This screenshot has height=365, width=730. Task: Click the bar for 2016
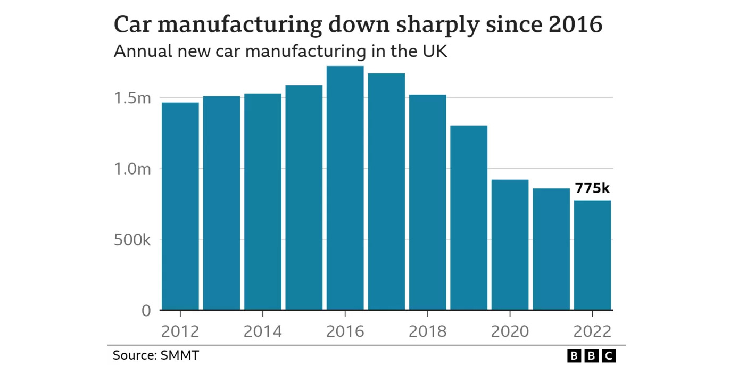pos(345,188)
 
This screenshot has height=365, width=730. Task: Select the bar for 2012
pos(180,206)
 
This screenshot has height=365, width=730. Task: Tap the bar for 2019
pos(469,218)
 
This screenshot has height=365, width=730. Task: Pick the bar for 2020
pos(510,244)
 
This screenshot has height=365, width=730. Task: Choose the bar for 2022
pos(593,255)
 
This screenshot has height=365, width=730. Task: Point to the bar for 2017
pos(386,192)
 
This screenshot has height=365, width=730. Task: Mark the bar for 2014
pos(263,202)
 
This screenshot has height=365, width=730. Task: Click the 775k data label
pos(592,188)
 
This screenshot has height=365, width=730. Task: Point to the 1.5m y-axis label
pos(132,98)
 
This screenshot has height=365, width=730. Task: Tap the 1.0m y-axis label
pos(132,169)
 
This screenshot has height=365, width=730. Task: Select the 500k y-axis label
pos(132,240)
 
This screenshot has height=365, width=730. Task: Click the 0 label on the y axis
pos(146,311)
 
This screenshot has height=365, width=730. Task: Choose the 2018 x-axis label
pos(428,331)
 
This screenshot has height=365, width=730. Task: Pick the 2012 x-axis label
pos(180,331)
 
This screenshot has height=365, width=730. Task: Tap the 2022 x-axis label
pos(593,331)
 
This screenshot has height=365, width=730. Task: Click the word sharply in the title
pos(438,25)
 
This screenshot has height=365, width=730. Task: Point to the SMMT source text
pos(180,355)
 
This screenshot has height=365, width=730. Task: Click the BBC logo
pos(592,356)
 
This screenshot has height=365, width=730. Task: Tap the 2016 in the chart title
pos(576,24)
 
